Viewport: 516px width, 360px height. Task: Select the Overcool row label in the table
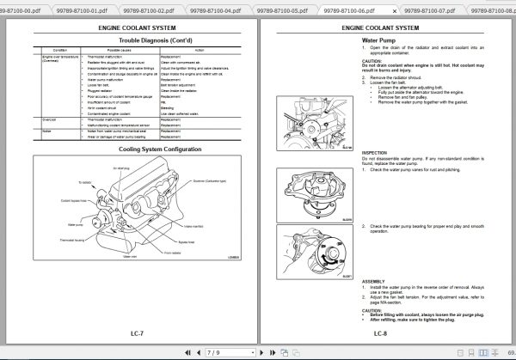49,119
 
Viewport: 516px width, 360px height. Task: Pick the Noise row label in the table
46,131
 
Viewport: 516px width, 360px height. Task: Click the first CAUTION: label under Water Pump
372,61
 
